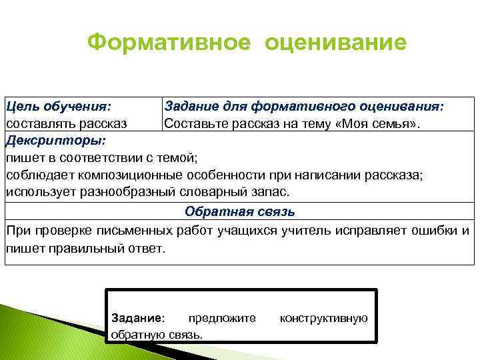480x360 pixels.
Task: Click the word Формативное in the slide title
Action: pos(170,43)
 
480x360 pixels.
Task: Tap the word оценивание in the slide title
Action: pos(335,43)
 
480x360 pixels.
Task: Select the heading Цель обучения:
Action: pos(59,106)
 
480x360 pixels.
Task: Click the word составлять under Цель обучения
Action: pos(40,123)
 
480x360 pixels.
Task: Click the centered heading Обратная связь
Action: pos(240,212)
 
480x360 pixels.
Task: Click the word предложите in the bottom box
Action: pos(223,318)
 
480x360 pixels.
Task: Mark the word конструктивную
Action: pos(323,318)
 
